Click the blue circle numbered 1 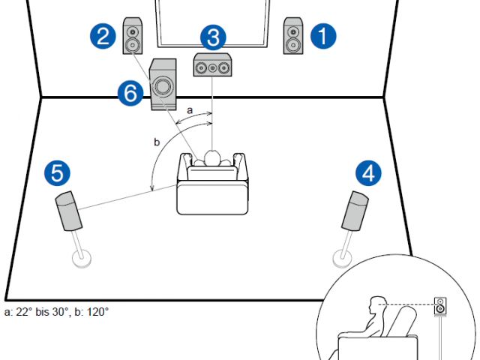click(324, 36)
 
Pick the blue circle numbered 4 click(367, 174)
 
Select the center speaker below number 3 click(211, 67)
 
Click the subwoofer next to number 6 click(163, 84)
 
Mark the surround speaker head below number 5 click(69, 211)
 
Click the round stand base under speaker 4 click(342, 258)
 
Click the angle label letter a click(189, 109)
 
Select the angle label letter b click(157, 141)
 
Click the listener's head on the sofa click(212, 158)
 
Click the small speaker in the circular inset click(440, 307)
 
